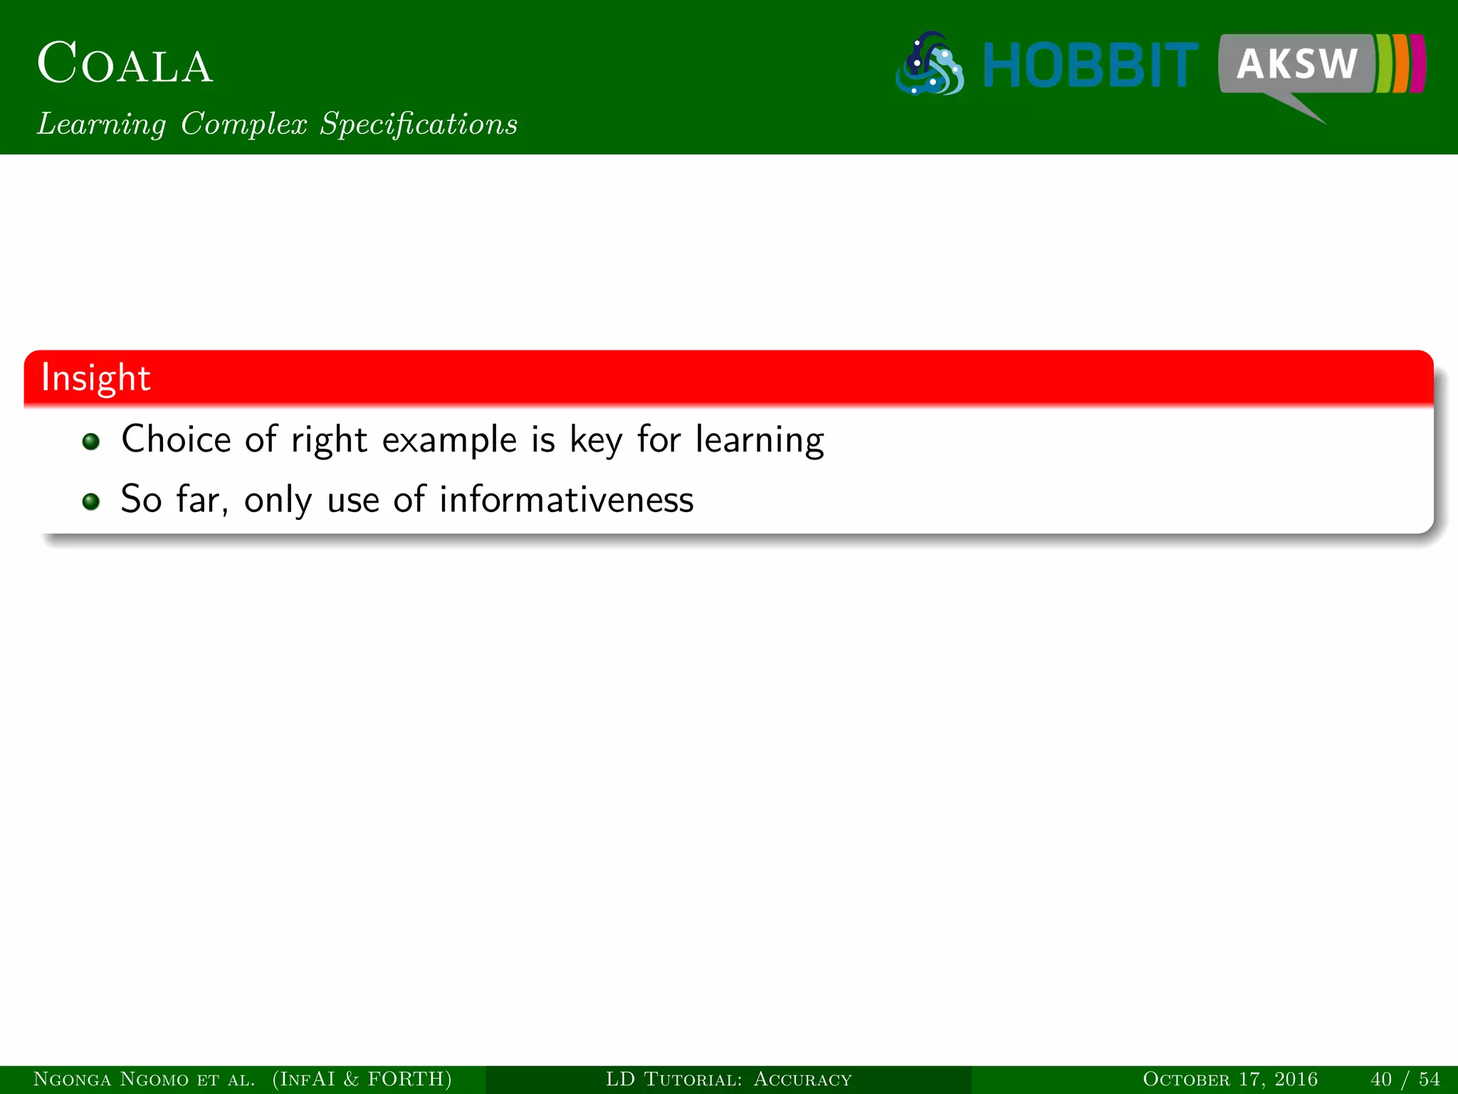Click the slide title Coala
pyautogui.click(x=125, y=64)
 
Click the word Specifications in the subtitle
pyautogui.click(x=418, y=124)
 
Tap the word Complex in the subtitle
pyautogui.click(x=243, y=124)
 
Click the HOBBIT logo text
pyautogui.click(x=1090, y=66)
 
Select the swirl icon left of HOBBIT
pyautogui.click(x=930, y=64)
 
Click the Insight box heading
pyautogui.click(x=96, y=377)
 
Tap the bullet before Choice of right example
pyautogui.click(x=90, y=442)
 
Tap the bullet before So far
pyautogui.click(x=90, y=501)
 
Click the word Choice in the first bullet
pyautogui.click(x=176, y=439)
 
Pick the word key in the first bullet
pyautogui.click(x=596, y=440)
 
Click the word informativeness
pyautogui.click(x=566, y=499)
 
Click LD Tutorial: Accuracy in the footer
pyautogui.click(x=728, y=1079)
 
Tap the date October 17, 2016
pyautogui.click(x=1229, y=1079)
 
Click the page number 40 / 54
pyautogui.click(x=1404, y=1079)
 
